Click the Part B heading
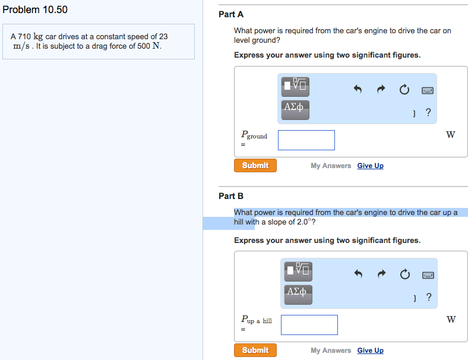coord(231,195)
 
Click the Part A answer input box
coord(306,140)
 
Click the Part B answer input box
coord(309,325)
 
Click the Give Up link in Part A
coord(370,166)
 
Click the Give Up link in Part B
coord(370,350)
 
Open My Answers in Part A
coord(331,166)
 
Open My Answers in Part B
coord(331,350)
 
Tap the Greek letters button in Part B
coord(296,292)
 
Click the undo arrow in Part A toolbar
coord(358,90)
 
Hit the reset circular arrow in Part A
coord(404,90)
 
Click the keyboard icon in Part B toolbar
coord(428,275)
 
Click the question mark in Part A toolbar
coord(428,112)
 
